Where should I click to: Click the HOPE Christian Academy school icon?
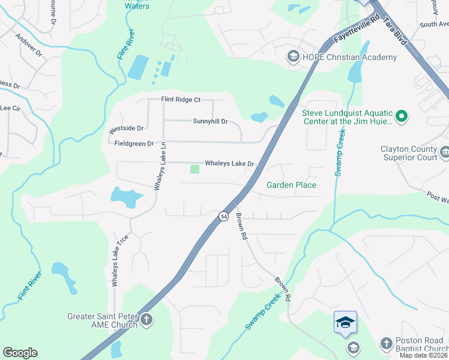pos(294,57)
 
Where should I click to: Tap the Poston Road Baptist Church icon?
pos(386,344)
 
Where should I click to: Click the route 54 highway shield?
pos(223,216)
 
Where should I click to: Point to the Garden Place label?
pos(291,185)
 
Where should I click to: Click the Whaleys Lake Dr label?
pos(230,163)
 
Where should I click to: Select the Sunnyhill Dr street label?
pos(210,121)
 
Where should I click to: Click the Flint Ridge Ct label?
pos(180,100)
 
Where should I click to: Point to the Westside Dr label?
pos(126,128)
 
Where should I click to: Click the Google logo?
pos(20,353)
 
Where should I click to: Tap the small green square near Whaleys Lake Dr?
pos(194,169)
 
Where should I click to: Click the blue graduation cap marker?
pos(345,322)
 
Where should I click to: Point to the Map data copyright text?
pos(424,356)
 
